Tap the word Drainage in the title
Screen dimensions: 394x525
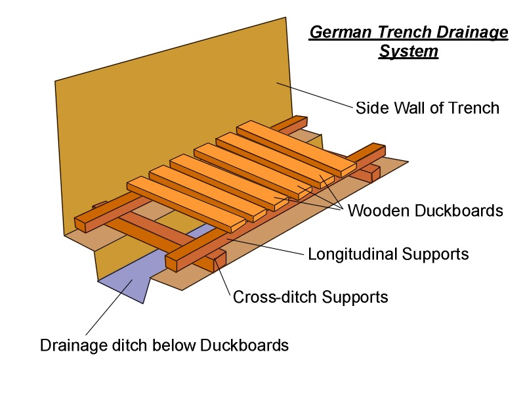tap(474, 32)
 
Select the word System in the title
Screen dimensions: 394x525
tap(408, 51)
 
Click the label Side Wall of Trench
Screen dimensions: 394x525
tap(427, 108)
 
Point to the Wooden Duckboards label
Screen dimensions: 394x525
tap(425, 211)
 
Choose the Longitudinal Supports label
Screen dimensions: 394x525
tap(388, 254)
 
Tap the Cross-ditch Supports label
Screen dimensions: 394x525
tap(310, 297)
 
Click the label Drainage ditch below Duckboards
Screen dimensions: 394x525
tap(164, 345)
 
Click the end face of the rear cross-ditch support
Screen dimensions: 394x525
tap(375, 175)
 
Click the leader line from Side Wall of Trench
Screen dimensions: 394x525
tap(315, 95)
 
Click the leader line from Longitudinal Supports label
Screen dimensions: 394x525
tap(269, 248)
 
